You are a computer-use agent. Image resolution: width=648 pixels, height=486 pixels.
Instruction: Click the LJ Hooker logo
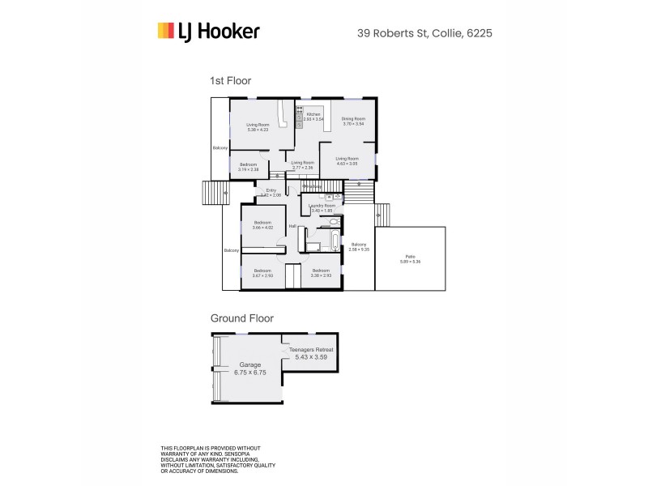click(x=208, y=32)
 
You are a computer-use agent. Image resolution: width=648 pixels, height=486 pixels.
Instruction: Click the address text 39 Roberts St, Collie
click(x=425, y=34)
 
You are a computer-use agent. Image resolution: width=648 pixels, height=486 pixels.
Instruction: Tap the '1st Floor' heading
click(x=231, y=81)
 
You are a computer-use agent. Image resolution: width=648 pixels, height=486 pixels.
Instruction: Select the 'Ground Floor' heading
click(x=242, y=318)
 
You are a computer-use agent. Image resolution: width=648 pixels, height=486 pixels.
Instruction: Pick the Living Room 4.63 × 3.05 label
click(x=347, y=161)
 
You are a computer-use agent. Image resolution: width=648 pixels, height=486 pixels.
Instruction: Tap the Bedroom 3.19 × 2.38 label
click(x=249, y=167)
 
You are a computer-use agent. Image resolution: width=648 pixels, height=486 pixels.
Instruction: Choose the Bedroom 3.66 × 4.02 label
click(x=263, y=225)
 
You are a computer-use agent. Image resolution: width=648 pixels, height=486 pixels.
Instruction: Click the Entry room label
click(x=270, y=193)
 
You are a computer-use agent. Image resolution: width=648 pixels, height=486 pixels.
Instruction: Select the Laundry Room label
click(x=322, y=208)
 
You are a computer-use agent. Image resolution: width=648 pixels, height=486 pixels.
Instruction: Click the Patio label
click(x=411, y=260)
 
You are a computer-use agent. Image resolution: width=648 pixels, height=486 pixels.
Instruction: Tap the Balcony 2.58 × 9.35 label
click(x=359, y=247)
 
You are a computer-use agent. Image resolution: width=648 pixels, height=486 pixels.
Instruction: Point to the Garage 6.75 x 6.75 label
click(x=249, y=368)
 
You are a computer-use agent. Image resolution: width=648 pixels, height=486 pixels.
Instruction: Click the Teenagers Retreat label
click(x=312, y=352)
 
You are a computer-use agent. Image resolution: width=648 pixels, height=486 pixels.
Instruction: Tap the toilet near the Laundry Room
click(x=330, y=197)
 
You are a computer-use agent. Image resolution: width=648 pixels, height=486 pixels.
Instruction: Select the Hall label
click(x=291, y=226)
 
